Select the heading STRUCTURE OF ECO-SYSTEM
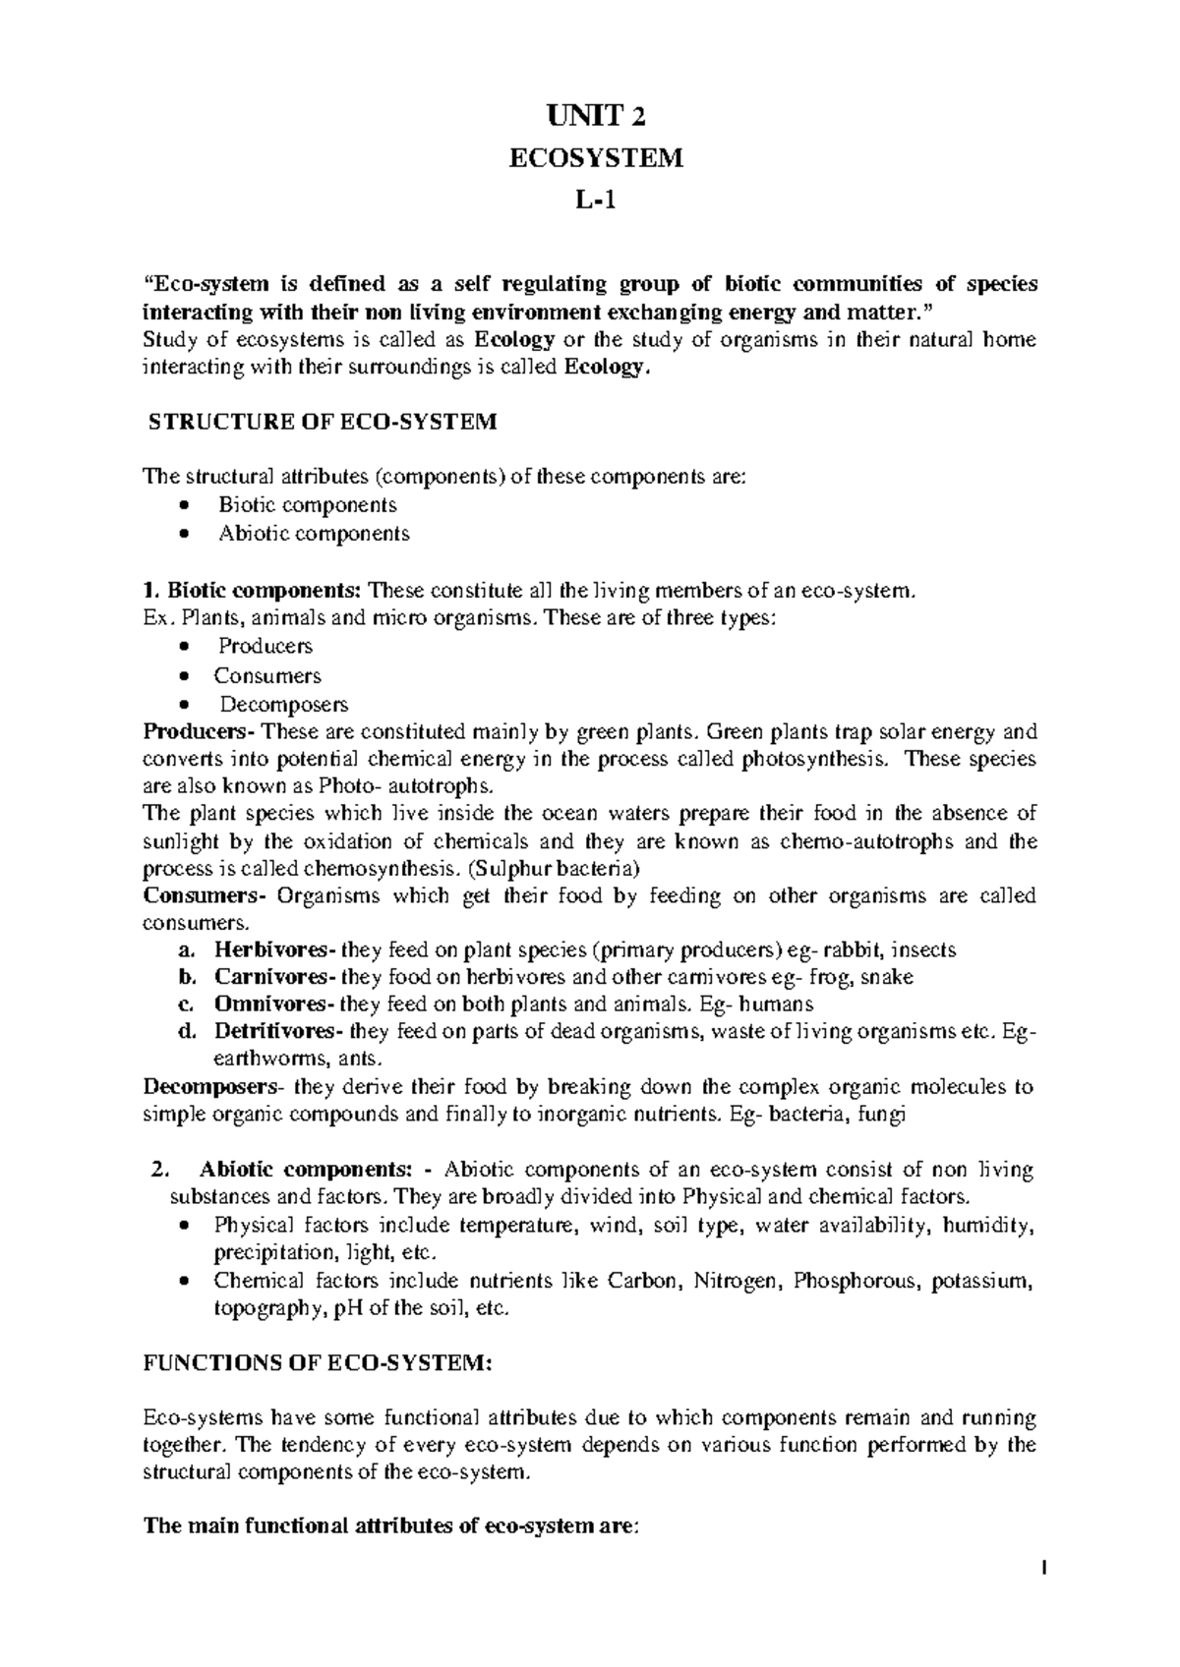pos(323,423)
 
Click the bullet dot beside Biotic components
pos(185,506)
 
